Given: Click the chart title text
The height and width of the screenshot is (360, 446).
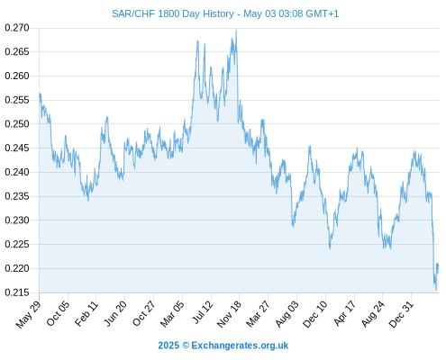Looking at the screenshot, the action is point(225,13).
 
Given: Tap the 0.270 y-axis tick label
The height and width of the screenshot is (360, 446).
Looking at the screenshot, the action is point(17,28).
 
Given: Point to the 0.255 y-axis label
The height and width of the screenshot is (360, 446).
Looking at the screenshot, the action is point(17,100).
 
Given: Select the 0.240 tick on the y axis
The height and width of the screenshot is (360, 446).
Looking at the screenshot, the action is point(17,172).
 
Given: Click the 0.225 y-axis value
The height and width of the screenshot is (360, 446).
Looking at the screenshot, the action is point(17,244).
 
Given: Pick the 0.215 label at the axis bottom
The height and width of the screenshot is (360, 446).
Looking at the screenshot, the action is point(17,292).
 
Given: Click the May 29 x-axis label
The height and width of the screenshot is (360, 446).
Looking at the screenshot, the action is point(28,314).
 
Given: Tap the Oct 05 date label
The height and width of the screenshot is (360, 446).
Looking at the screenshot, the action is point(58,313).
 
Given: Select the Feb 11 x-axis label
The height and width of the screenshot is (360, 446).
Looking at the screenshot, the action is point(86,313).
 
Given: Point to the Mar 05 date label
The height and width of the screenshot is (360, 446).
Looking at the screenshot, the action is point(171,314).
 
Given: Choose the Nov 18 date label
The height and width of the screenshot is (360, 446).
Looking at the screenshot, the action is point(229,314).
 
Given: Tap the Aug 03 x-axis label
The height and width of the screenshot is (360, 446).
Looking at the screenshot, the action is point(287,314).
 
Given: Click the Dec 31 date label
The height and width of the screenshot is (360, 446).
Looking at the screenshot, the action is point(401,314).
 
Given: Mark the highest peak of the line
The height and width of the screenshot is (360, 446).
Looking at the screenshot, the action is point(236,30).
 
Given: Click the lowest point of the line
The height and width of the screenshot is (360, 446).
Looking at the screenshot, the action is point(436,290).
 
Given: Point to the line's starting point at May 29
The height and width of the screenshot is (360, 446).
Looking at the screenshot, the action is point(40,94).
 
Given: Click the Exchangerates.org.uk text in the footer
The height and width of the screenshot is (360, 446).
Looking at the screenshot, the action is point(240,346).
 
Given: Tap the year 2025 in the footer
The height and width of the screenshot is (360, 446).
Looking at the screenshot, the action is point(168,346).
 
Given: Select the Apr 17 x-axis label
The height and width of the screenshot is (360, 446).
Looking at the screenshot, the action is point(345,312).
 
